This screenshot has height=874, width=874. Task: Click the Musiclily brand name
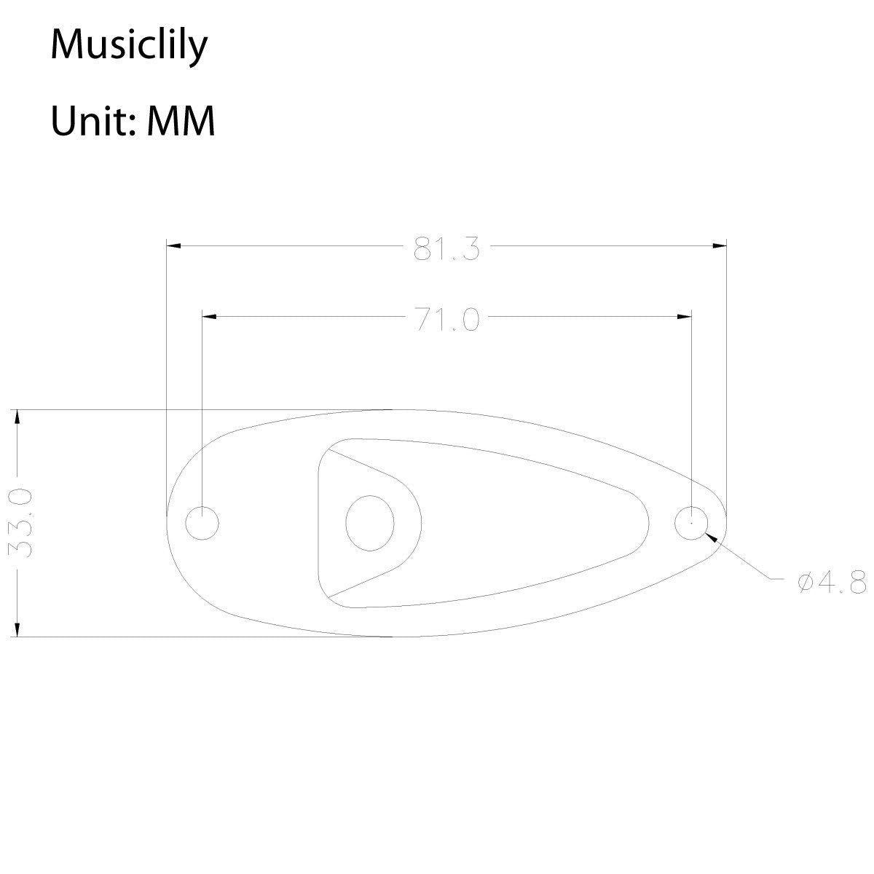(x=129, y=46)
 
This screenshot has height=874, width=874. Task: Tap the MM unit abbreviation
(x=181, y=121)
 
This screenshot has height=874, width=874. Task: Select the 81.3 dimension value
(x=446, y=248)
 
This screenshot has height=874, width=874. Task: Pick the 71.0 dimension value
(x=446, y=318)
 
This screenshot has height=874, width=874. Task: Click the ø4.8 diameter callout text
(x=831, y=582)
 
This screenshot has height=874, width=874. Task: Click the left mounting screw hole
(x=202, y=523)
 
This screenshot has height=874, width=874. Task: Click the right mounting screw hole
(x=691, y=523)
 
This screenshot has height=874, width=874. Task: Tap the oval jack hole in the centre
(x=369, y=523)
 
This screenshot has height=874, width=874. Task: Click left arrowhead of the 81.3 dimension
(x=173, y=247)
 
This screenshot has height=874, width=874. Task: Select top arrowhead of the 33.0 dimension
(x=17, y=417)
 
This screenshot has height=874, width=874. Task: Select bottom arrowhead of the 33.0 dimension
(x=17, y=629)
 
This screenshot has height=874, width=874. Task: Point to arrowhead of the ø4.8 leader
(x=712, y=537)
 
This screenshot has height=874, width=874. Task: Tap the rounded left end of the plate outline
(x=168, y=523)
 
